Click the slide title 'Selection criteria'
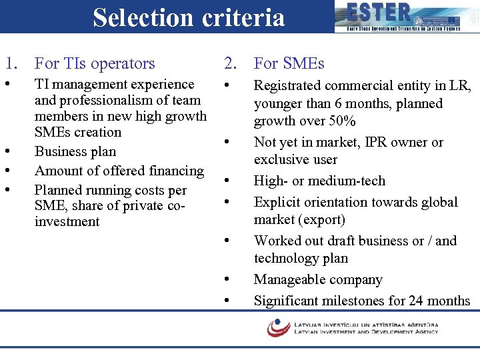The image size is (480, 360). coord(189,17)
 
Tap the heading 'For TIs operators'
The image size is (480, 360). coord(95,63)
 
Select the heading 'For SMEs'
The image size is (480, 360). coord(289,63)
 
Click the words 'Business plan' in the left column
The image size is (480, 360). coord(75,151)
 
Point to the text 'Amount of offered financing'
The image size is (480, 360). coord(119,171)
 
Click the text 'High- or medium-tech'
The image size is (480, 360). coord(319,181)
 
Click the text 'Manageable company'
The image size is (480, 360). coord(318,279)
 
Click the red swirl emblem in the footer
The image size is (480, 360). coord(278,327)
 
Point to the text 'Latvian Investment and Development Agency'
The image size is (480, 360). coord(366,331)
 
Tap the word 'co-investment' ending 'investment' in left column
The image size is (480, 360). coord(67,222)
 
